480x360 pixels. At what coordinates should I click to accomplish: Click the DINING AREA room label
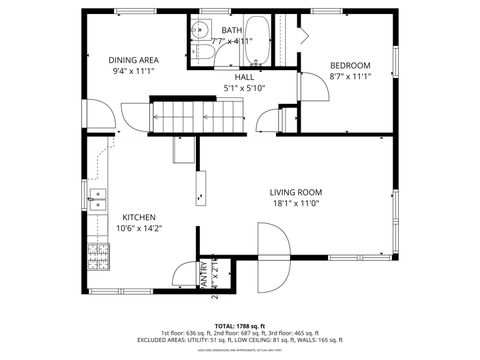point(134,60)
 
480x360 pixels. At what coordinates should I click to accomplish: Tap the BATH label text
point(231,31)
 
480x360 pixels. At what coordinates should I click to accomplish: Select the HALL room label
point(244,76)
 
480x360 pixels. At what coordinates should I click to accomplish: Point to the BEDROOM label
point(350,65)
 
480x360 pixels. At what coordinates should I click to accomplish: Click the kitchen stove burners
point(98,257)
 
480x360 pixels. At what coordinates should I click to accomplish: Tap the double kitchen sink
point(97,200)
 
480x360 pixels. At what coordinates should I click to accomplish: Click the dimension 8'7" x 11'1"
point(350,76)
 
